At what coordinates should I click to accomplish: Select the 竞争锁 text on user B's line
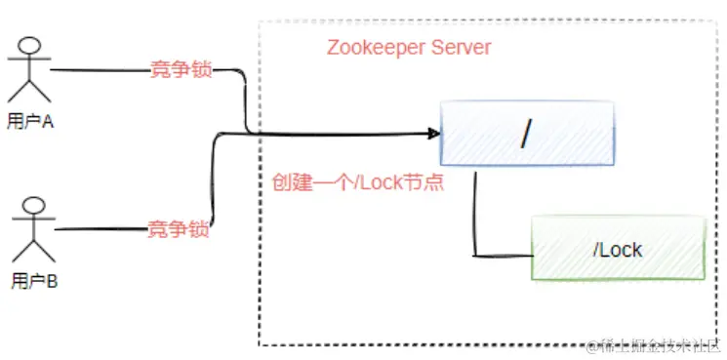coord(179,230)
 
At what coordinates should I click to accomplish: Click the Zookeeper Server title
coord(409,47)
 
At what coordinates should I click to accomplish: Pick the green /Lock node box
coord(617,249)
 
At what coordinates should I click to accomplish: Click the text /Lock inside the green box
coord(617,250)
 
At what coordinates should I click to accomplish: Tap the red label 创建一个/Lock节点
coord(358,182)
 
